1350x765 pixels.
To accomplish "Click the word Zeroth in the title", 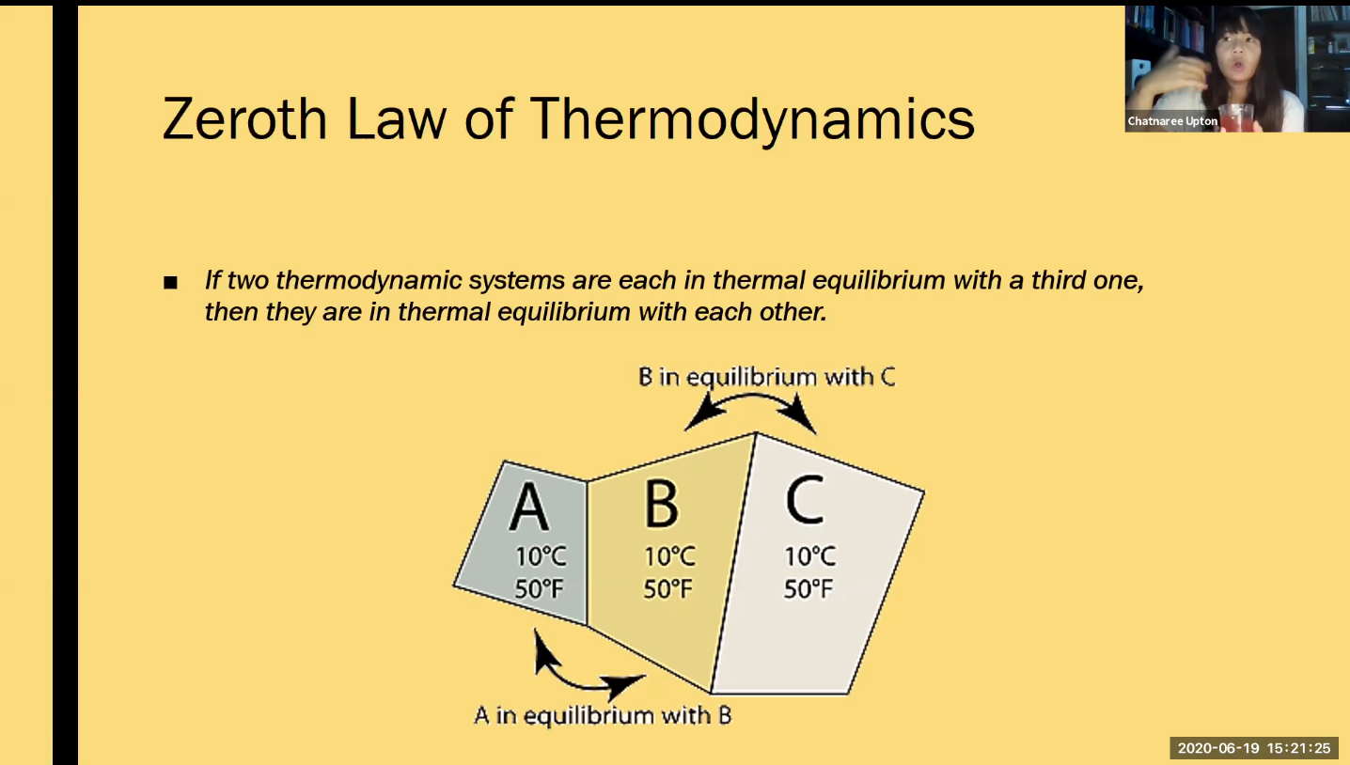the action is (244, 118).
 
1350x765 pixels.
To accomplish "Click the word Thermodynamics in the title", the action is (752, 121).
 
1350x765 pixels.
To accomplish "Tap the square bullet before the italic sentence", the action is (170, 282).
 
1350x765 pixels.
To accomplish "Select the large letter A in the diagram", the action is (529, 507).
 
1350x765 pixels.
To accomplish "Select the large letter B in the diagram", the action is (661, 504).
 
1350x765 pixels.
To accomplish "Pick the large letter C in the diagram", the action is (805, 499).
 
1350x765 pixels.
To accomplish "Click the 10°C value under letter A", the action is (541, 556).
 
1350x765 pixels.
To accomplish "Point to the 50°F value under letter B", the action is (667, 588).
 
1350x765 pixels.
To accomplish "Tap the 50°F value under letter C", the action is (808, 588).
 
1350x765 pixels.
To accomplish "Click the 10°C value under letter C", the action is (810, 556).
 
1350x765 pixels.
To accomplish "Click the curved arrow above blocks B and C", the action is (751, 396).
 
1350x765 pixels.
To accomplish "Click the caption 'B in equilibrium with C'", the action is (766, 377).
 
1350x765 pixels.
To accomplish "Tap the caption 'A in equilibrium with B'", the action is (603, 715).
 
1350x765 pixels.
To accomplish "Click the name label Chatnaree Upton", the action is (1172, 121).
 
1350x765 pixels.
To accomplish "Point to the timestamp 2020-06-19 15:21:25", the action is (1253, 748).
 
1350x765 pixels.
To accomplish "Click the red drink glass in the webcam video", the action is (1236, 117).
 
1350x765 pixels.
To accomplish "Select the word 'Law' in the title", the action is (397, 119).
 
